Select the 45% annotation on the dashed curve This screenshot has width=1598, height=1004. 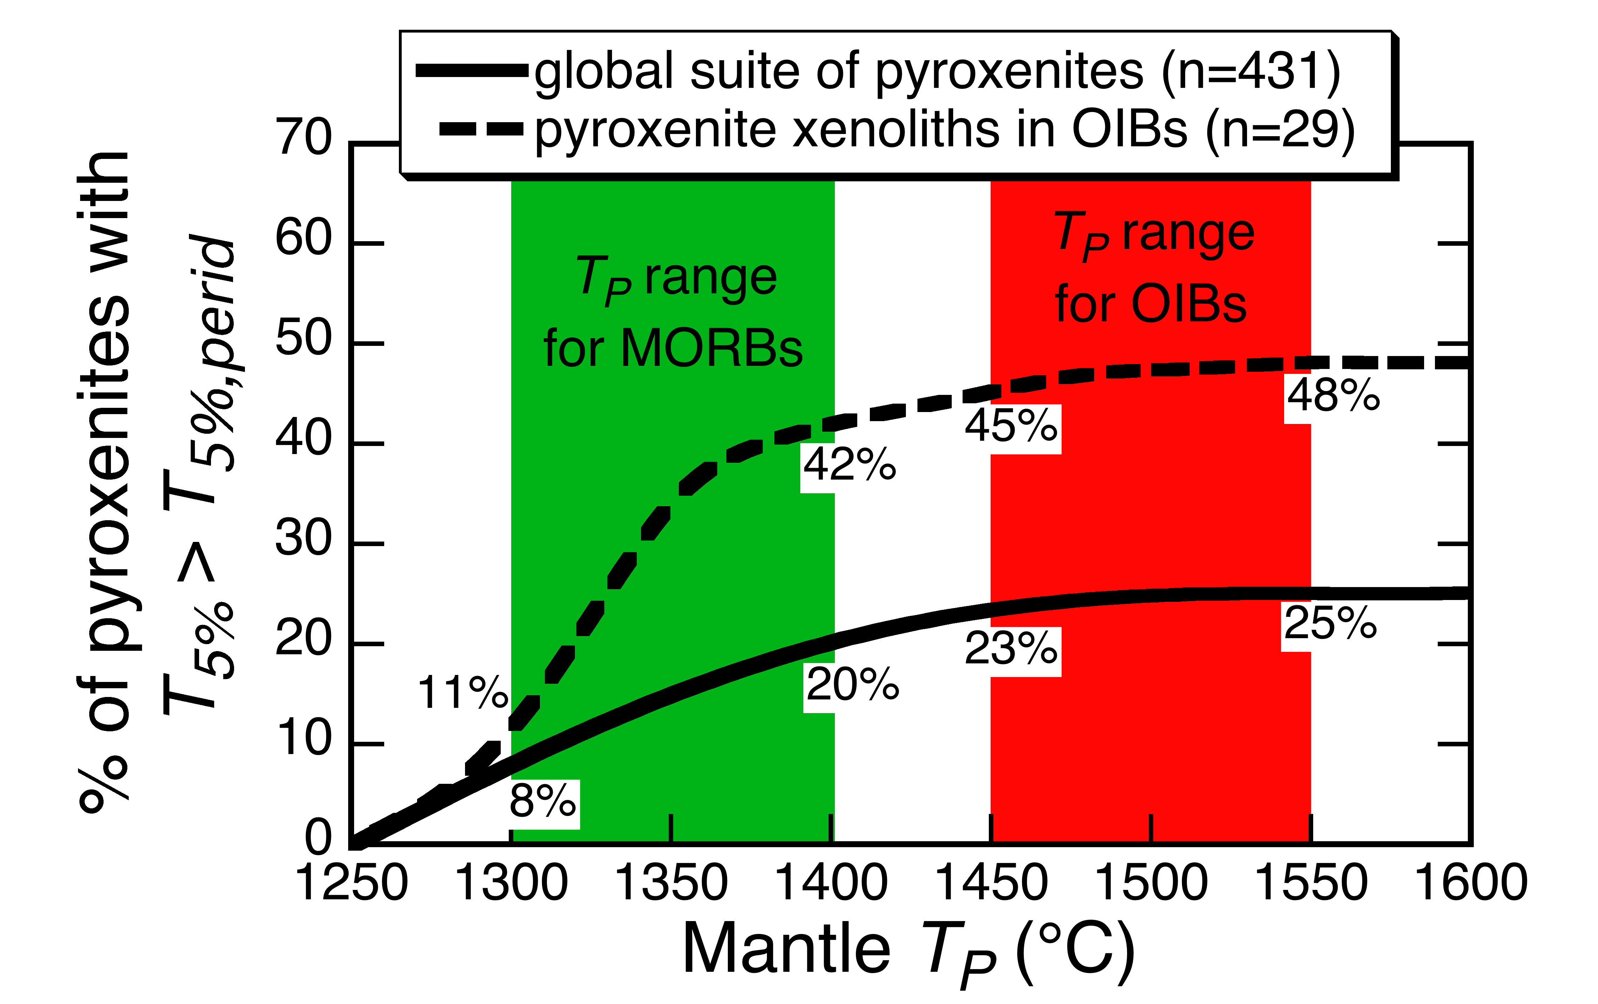pyautogui.click(x=1011, y=426)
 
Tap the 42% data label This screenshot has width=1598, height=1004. pyautogui.click(x=850, y=465)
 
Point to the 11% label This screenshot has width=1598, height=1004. pyautogui.click(x=463, y=692)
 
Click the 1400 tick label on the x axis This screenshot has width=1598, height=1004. pyautogui.click(x=831, y=883)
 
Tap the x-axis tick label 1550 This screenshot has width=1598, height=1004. pyautogui.click(x=1311, y=883)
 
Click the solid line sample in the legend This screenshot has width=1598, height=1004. pyautogui.click(x=471, y=71)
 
